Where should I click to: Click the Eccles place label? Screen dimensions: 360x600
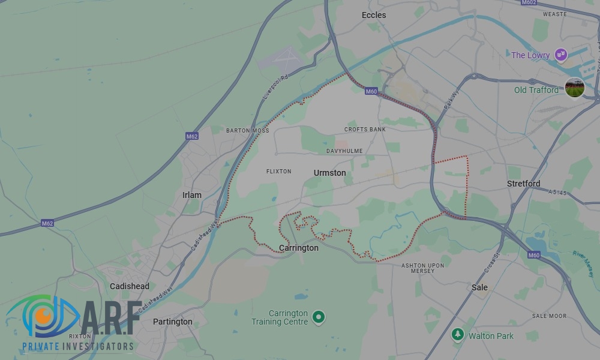point(374,15)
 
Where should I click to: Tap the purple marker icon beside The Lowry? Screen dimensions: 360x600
point(561,55)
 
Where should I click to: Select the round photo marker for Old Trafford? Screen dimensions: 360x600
point(575,88)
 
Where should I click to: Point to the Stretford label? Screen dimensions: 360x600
point(523,184)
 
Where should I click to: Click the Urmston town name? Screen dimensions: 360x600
point(329,173)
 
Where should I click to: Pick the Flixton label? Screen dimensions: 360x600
point(278,172)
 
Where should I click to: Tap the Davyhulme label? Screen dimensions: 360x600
point(344,151)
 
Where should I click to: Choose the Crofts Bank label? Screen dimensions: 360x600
point(365,130)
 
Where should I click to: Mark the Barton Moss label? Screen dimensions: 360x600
point(247,130)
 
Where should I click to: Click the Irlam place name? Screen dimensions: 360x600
point(192,196)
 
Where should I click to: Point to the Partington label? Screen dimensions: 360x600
point(173,322)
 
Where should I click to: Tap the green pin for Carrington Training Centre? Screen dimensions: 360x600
point(319,316)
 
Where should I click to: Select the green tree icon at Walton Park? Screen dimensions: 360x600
point(458,334)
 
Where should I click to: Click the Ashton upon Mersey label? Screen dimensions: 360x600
point(422,268)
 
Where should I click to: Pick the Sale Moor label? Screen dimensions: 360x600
point(549,316)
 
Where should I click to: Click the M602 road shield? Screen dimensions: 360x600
point(529,2)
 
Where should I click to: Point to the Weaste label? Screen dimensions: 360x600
point(554,14)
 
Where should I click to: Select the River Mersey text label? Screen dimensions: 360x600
point(584,260)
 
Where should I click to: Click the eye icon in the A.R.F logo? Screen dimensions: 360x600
point(42,315)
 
